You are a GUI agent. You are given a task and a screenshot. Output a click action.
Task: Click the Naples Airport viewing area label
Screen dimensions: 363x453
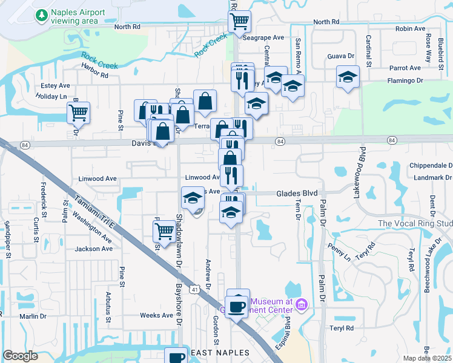click(x=78, y=16)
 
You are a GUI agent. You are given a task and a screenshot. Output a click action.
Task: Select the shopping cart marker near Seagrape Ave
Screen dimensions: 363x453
click(x=239, y=22)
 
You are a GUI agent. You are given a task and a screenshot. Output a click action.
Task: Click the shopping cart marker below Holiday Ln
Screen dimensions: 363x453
click(x=78, y=112)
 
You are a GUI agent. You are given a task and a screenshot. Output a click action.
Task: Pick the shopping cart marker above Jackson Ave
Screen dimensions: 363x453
click(x=164, y=231)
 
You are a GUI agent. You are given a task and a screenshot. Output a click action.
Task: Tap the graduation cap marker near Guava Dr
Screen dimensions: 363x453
click(x=348, y=77)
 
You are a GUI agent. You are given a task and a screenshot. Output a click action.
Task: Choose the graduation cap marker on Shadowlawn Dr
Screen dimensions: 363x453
click(x=193, y=198)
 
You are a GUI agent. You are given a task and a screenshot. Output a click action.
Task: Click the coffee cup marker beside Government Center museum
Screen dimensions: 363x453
click(x=238, y=306)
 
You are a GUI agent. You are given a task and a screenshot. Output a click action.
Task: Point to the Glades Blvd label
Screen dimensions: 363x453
click(x=297, y=193)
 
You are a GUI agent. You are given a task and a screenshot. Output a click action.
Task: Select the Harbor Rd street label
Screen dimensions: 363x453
click(x=94, y=75)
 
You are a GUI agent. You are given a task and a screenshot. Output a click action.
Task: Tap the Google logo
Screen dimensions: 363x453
click(x=21, y=356)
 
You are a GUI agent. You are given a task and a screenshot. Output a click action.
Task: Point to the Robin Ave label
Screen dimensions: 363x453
click(x=410, y=28)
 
